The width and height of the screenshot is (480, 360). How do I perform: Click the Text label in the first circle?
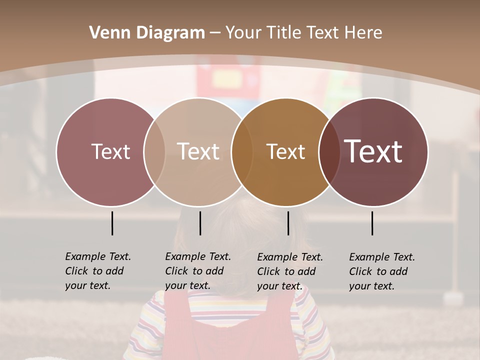tap(110, 151)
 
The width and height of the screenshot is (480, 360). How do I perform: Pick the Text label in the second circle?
tap(198, 151)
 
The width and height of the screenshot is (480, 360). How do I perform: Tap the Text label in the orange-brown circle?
tap(285, 151)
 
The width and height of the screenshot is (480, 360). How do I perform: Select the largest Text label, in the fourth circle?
tap(373, 151)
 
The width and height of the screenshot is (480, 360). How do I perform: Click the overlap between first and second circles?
tap(154, 151)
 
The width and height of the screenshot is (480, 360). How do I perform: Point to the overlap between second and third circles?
tap(242, 151)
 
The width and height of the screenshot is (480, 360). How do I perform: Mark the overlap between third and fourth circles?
tap(329, 151)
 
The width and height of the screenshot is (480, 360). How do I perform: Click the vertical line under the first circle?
tap(112, 223)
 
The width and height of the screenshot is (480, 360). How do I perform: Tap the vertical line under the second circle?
tap(200, 223)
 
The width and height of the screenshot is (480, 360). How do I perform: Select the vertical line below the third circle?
tap(288, 223)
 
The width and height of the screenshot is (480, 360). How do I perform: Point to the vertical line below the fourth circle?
tap(372, 223)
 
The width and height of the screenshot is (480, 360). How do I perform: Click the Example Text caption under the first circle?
tap(97, 271)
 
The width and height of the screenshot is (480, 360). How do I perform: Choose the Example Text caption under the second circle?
tap(197, 271)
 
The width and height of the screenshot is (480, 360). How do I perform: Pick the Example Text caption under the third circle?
tap(289, 271)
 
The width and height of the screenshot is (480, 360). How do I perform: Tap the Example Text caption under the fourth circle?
tap(381, 271)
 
